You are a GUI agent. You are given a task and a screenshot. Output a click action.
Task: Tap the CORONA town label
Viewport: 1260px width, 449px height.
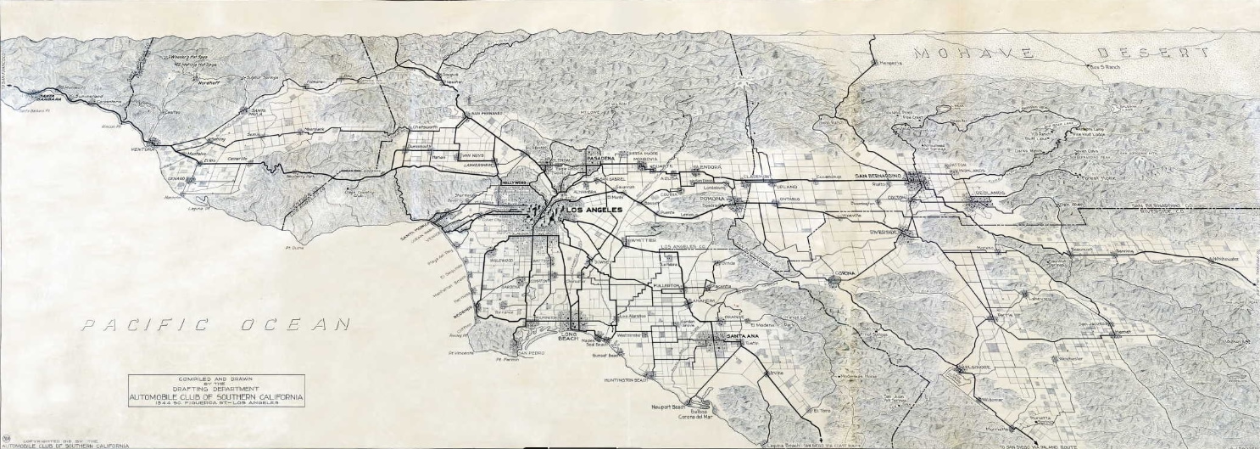pos(845,273)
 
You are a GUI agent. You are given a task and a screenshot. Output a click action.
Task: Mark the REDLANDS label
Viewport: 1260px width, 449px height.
pos(990,193)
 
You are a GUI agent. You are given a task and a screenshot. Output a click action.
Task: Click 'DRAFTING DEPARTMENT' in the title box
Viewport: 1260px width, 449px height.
pos(215,388)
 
